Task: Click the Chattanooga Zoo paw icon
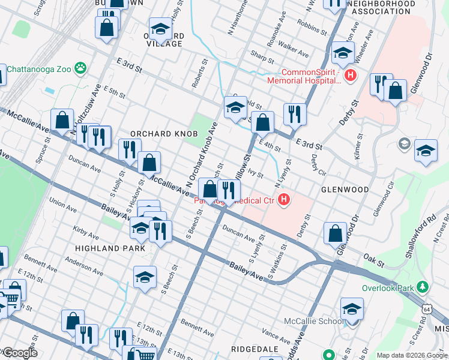coord(80,68)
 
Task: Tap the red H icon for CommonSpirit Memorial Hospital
coord(352,76)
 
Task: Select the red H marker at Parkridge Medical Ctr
coord(285,200)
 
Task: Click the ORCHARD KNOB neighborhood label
coord(164,133)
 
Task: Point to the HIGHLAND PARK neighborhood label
coord(110,248)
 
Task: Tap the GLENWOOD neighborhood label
coord(345,189)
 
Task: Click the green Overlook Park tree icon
coord(424,287)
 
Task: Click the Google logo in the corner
coord(19,353)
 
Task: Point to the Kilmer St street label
coord(358,146)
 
